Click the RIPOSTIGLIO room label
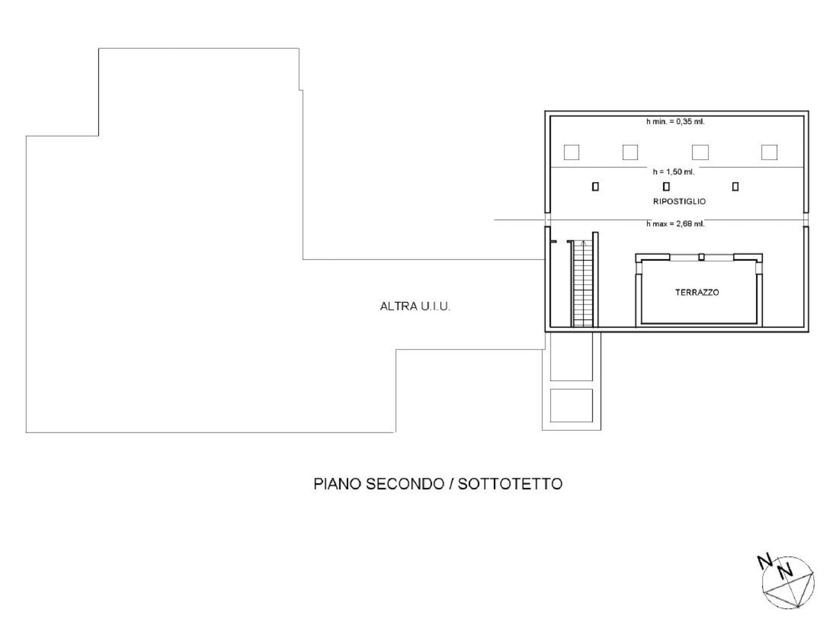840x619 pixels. tap(679, 202)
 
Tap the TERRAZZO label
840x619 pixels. tap(697, 292)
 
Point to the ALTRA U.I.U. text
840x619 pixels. tap(415, 306)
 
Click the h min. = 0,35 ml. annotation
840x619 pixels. tap(675, 122)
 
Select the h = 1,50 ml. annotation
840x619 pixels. tap(674, 172)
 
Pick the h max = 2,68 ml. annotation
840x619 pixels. tap(675, 224)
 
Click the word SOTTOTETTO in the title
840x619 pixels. tap(510, 484)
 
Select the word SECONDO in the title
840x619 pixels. tap(405, 484)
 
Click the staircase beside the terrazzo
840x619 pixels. tap(583, 284)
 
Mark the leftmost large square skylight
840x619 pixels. tap(572, 152)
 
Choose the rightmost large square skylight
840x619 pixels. tap(769, 152)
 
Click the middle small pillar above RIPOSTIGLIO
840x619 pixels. tap(666, 187)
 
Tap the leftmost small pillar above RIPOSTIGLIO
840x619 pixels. tap(595, 187)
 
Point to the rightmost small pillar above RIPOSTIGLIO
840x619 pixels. tap(735, 187)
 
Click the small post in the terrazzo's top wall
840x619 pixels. tap(701, 257)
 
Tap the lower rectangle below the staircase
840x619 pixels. tap(572, 406)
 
